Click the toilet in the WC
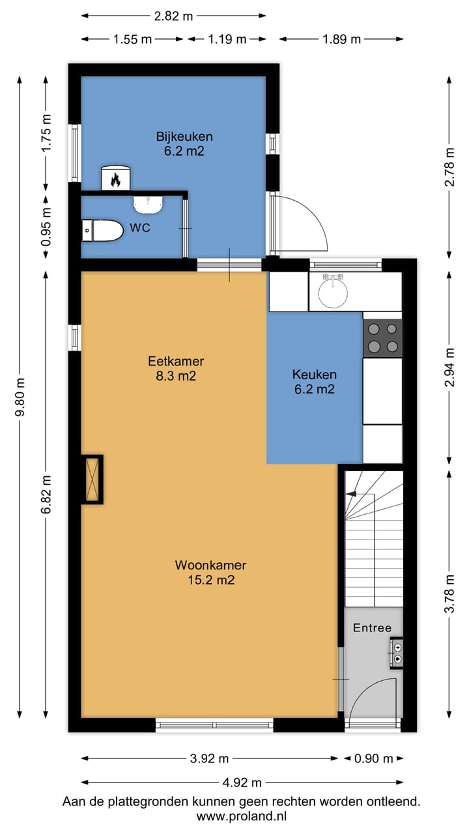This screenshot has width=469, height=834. (102, 231)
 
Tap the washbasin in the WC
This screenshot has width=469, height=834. (148, 205)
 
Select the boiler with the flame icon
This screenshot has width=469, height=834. (116, 178)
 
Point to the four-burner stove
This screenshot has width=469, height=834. (382, 338)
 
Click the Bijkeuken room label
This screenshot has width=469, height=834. (184, 144)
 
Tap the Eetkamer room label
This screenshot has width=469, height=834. (176, 368)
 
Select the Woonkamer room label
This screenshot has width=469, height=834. (210, 572)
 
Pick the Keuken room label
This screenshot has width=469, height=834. (315, 382)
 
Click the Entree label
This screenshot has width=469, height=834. (372, 627)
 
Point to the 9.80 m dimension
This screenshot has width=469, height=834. (20, 397)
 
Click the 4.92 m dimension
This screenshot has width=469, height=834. (242, 783)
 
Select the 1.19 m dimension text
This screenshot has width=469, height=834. (227, 39)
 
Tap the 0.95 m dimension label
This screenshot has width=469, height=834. (46, 227)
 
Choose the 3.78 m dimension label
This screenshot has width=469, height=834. (449, 594)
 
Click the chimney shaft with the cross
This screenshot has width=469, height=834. (92, 479)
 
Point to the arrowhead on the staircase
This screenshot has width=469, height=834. (350, 494)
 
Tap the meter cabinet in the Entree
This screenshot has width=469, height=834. (397, 653)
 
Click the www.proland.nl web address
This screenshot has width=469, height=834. (242, 816)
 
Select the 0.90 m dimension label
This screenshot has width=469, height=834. (374, 758)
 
